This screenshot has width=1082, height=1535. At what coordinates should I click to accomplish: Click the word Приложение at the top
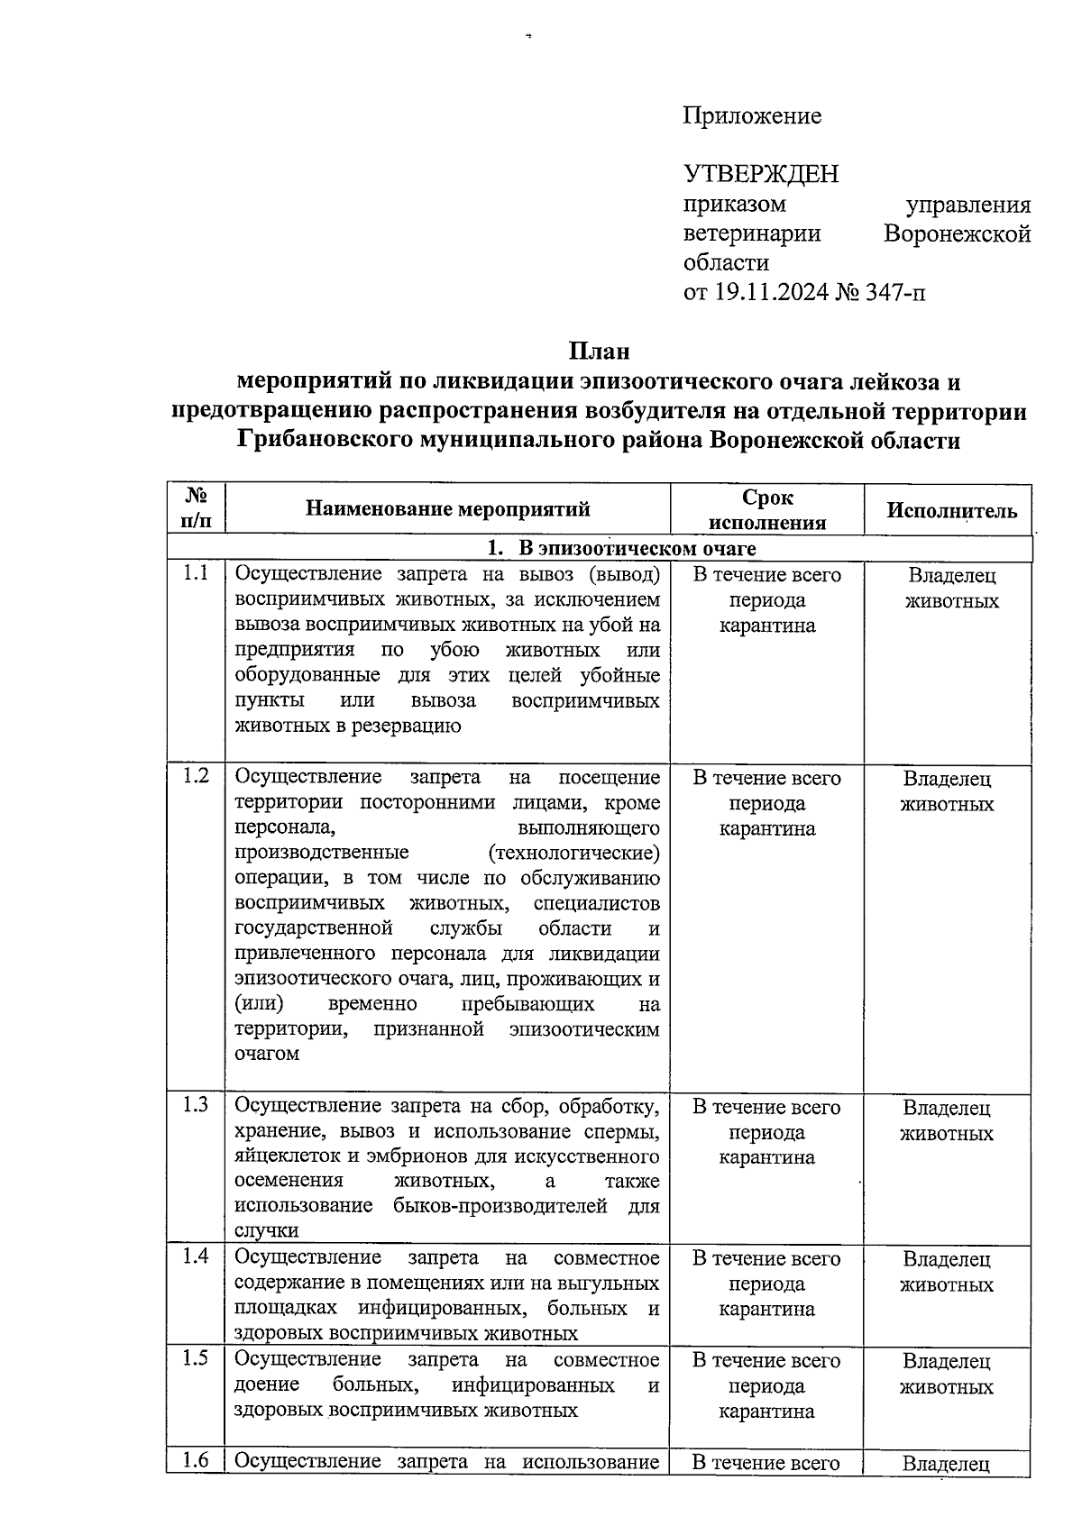752,116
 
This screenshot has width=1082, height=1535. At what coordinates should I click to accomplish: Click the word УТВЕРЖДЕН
761,173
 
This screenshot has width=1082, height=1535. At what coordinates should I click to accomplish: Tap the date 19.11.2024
771,292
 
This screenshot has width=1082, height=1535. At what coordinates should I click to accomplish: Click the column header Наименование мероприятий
447,509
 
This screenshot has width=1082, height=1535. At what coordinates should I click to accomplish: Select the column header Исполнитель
951,511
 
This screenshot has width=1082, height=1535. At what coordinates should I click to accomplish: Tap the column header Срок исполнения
767,510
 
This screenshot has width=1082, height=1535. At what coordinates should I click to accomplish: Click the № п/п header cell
196,507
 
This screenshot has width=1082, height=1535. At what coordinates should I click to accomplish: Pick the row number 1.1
196,572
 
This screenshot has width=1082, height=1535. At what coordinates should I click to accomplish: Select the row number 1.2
196,775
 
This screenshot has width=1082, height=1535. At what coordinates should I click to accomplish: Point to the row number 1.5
196,1357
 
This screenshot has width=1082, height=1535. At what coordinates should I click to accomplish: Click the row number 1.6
196,1460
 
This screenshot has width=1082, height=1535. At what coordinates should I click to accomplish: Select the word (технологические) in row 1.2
573,853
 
